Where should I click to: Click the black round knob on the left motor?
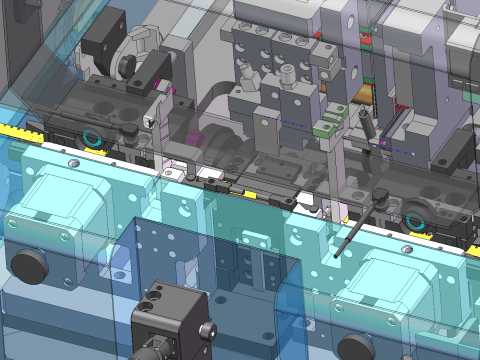(30, 264)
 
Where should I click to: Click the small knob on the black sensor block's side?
(206, 328)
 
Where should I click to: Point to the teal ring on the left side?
(93, 137)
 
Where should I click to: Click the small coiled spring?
(366, 124)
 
